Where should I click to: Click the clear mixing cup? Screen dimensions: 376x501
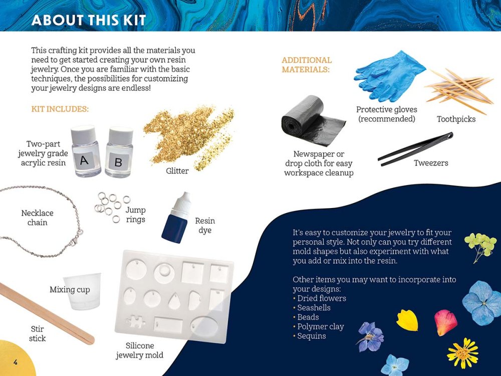tap(82, 291)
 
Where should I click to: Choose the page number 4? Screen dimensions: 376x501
tap(16, 362)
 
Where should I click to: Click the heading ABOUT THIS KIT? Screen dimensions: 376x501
tap(88, 20)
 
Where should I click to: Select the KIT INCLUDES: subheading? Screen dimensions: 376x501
tap(60, 109)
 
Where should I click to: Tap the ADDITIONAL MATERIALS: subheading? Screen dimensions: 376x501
tap(307, 65)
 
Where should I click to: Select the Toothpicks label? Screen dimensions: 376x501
tap(456, 119)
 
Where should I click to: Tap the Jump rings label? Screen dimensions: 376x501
tap(135, 215)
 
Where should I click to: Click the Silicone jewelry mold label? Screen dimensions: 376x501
tap(140, 350)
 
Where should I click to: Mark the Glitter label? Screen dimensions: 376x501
tap(177, 171)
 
